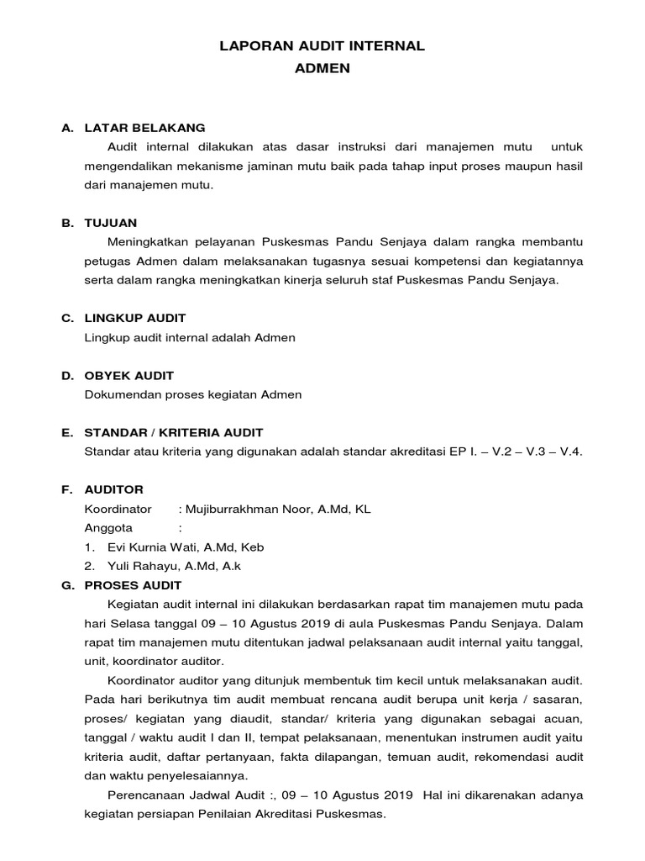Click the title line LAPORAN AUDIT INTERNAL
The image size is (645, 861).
[322, 47]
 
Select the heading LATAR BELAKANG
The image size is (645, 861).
[144, 128]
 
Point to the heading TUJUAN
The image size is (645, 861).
[111, 223]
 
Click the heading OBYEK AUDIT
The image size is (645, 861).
[129, 375]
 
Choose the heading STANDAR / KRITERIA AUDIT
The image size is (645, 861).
[174, 432]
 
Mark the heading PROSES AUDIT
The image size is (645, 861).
[133, 584]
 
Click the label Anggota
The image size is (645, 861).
[108, 528]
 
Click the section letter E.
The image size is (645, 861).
[66, 432]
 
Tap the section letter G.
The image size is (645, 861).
[67, 584]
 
